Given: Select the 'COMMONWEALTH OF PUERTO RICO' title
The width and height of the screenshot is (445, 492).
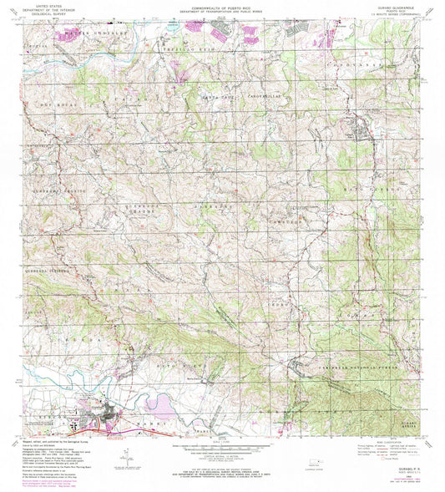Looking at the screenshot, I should pos(222,4).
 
